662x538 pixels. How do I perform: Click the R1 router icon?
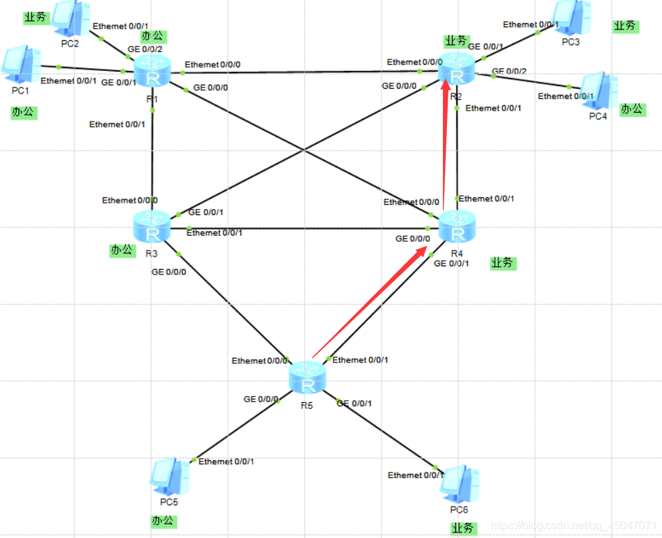tap(152, 71)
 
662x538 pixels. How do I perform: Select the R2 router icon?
tap(457, 68)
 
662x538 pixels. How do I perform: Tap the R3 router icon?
tap(152, 227)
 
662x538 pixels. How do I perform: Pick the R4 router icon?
tap(456, 227)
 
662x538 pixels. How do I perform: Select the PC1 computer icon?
tap(21, 66)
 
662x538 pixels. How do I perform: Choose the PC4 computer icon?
tap(598, 91)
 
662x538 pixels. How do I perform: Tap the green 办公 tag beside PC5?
tap(163, 522)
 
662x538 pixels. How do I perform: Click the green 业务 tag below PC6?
tap(464, 528)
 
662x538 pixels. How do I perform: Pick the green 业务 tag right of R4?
tap(503, 263)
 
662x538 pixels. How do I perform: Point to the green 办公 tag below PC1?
tap(23, 112)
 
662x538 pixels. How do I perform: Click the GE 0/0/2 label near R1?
tap(145, 50)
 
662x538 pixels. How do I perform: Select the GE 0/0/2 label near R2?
tap(509, 72)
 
